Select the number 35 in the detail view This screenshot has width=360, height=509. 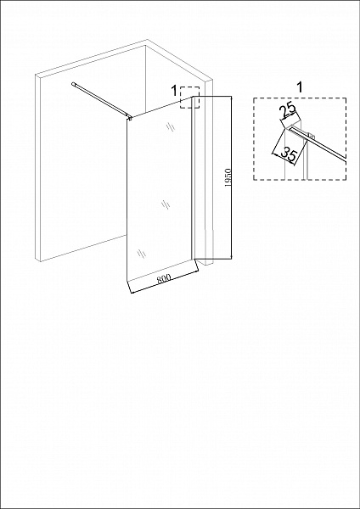288,154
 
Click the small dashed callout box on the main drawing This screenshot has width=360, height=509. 188,97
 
